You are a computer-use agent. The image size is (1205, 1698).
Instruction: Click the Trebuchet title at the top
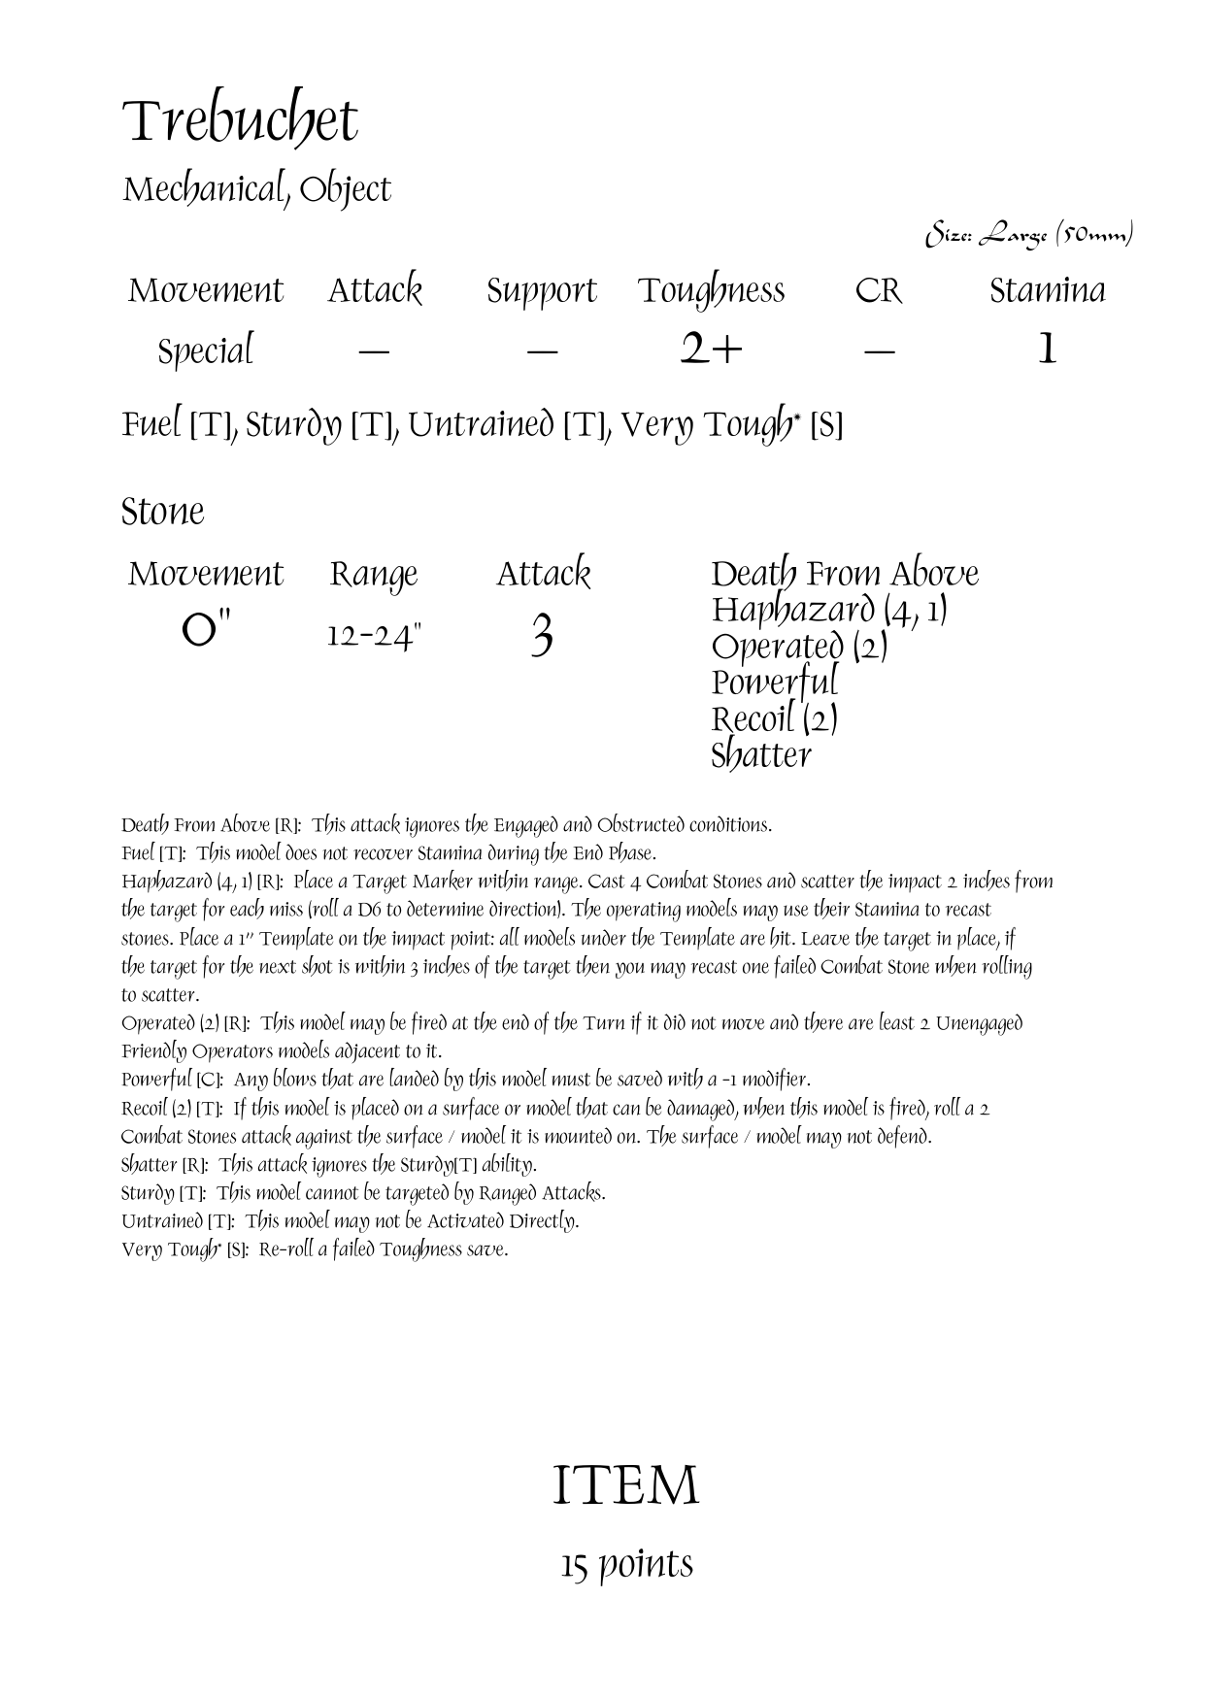(x=240, y=122)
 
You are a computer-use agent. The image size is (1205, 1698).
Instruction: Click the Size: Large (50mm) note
(x=1029, y=235)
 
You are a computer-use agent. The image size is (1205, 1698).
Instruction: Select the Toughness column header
(x=711, y=290)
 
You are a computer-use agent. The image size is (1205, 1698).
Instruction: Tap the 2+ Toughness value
(x=711, y=350)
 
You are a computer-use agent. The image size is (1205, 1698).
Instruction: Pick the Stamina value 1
(x=1047, y=350)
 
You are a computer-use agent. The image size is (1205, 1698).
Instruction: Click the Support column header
(x=541, y=290)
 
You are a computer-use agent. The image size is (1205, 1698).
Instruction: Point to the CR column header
(x=878, y=290)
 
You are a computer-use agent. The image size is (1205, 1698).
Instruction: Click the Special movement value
(x=205, y=350)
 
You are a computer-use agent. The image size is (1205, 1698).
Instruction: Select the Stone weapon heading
(x=163, y=512)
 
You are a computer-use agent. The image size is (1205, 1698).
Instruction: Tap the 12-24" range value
(x=374, y=637)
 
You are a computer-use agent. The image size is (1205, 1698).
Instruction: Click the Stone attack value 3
(x=542, y=637)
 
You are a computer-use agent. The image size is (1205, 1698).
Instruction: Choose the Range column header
(x=374, y=574)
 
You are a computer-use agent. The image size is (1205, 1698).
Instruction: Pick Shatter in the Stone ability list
(x=760, y=755)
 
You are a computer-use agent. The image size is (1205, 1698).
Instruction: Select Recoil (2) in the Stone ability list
(x=774, y=719)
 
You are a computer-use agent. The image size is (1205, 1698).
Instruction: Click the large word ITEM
(x=625, y=1485)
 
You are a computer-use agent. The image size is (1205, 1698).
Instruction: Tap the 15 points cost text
(x=626, y=1564)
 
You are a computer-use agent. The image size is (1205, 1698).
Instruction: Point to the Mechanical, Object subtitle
(x=256, y=190)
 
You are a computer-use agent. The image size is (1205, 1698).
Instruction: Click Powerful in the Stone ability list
(x=774, y=683)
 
